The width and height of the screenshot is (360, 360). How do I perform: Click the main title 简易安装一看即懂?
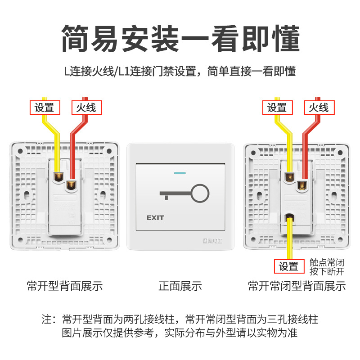point(180,38)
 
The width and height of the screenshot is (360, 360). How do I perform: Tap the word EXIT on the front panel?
point(155,218)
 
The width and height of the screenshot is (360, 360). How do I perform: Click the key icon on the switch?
point(184,194)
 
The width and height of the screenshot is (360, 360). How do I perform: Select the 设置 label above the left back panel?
point(45,108)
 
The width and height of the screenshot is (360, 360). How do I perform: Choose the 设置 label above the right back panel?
point(277,108)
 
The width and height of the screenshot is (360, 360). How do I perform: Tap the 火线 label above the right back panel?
point(319,108)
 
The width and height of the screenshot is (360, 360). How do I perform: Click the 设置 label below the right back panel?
point(288,266)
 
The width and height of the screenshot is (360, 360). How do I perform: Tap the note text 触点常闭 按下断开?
point(327,267)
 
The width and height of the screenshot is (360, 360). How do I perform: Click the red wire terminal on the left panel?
point(71,185)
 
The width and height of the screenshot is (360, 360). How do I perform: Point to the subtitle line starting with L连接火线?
point(180,71)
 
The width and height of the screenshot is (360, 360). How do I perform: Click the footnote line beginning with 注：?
point(180,320)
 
